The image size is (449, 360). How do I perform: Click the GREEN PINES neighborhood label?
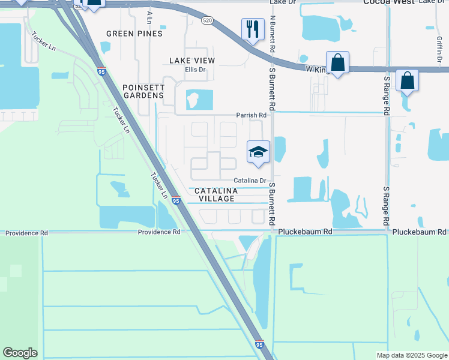(134, 34)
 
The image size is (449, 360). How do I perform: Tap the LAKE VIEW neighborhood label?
(192, 61)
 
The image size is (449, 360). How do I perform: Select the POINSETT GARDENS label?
(143, 91)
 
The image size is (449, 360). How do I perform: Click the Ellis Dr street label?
(195, 70)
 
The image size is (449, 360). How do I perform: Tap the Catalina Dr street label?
(250, 180)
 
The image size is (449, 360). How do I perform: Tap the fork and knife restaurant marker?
(253, 29)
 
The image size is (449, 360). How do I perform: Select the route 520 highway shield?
(207, 20)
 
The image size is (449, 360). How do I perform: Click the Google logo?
(20, 353)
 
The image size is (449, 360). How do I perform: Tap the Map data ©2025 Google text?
(411, 355)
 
